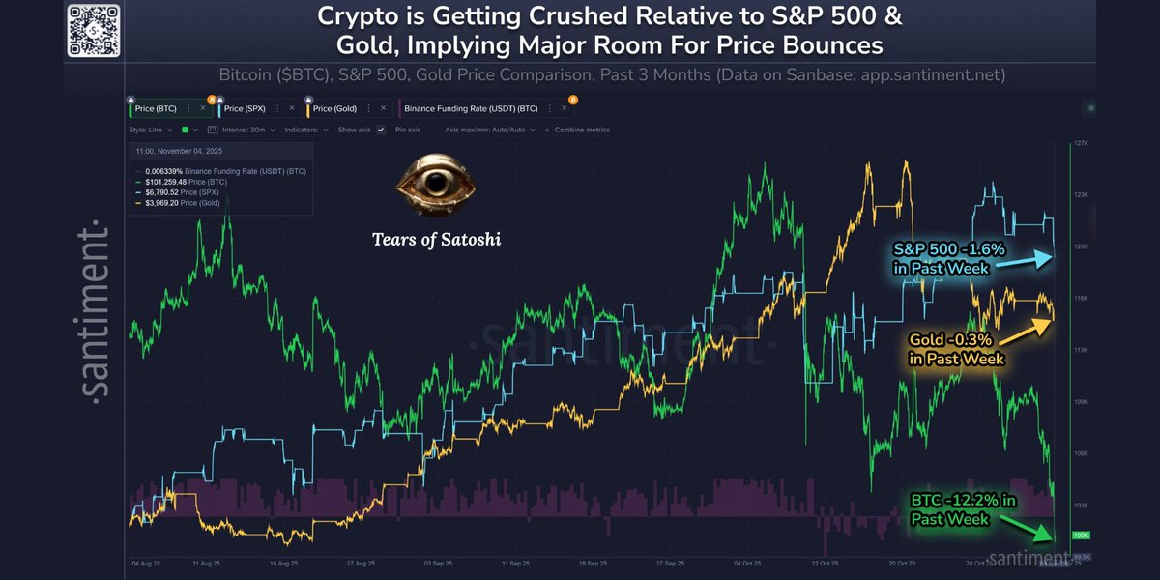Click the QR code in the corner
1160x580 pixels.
click(x=95, y=30)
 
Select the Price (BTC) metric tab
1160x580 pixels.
click(x=156, y=109)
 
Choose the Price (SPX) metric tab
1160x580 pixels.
click(x=246, y=109)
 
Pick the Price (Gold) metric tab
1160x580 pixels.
click(x=335, y=109)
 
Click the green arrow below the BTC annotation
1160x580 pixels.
click(x=1027, y=527)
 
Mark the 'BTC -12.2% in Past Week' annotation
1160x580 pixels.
click(x=963, y=509)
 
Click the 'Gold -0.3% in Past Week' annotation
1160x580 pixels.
click(x=956, y=349)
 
